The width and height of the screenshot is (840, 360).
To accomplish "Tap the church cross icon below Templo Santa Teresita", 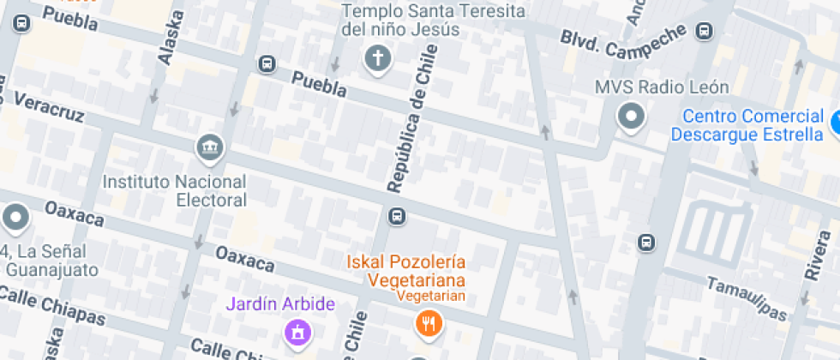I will [x=376, y=59].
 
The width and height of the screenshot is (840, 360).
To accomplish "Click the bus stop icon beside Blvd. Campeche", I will [x=705, y=31].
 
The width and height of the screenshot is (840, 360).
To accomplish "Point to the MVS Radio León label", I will [x=663, y=87].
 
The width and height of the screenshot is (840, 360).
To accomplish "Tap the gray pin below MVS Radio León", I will [x=632, y=117].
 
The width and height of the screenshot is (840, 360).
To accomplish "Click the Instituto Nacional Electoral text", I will [x=175, y=191].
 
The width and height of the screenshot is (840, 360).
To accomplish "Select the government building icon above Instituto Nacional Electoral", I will [x=209, y=147].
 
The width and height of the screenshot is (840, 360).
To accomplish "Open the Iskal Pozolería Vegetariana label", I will [x=405, y=270].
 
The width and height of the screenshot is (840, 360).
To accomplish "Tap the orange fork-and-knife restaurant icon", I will [x=426, y=323].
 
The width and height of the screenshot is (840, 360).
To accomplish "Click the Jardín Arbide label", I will [x=280, y=304].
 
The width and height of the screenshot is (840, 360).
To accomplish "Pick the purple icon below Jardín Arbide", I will [x=297, y=330].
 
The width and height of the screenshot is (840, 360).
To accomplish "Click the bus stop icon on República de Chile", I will [x=396, y=215].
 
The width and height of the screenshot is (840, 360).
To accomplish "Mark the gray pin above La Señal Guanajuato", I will [x=15, y=219].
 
